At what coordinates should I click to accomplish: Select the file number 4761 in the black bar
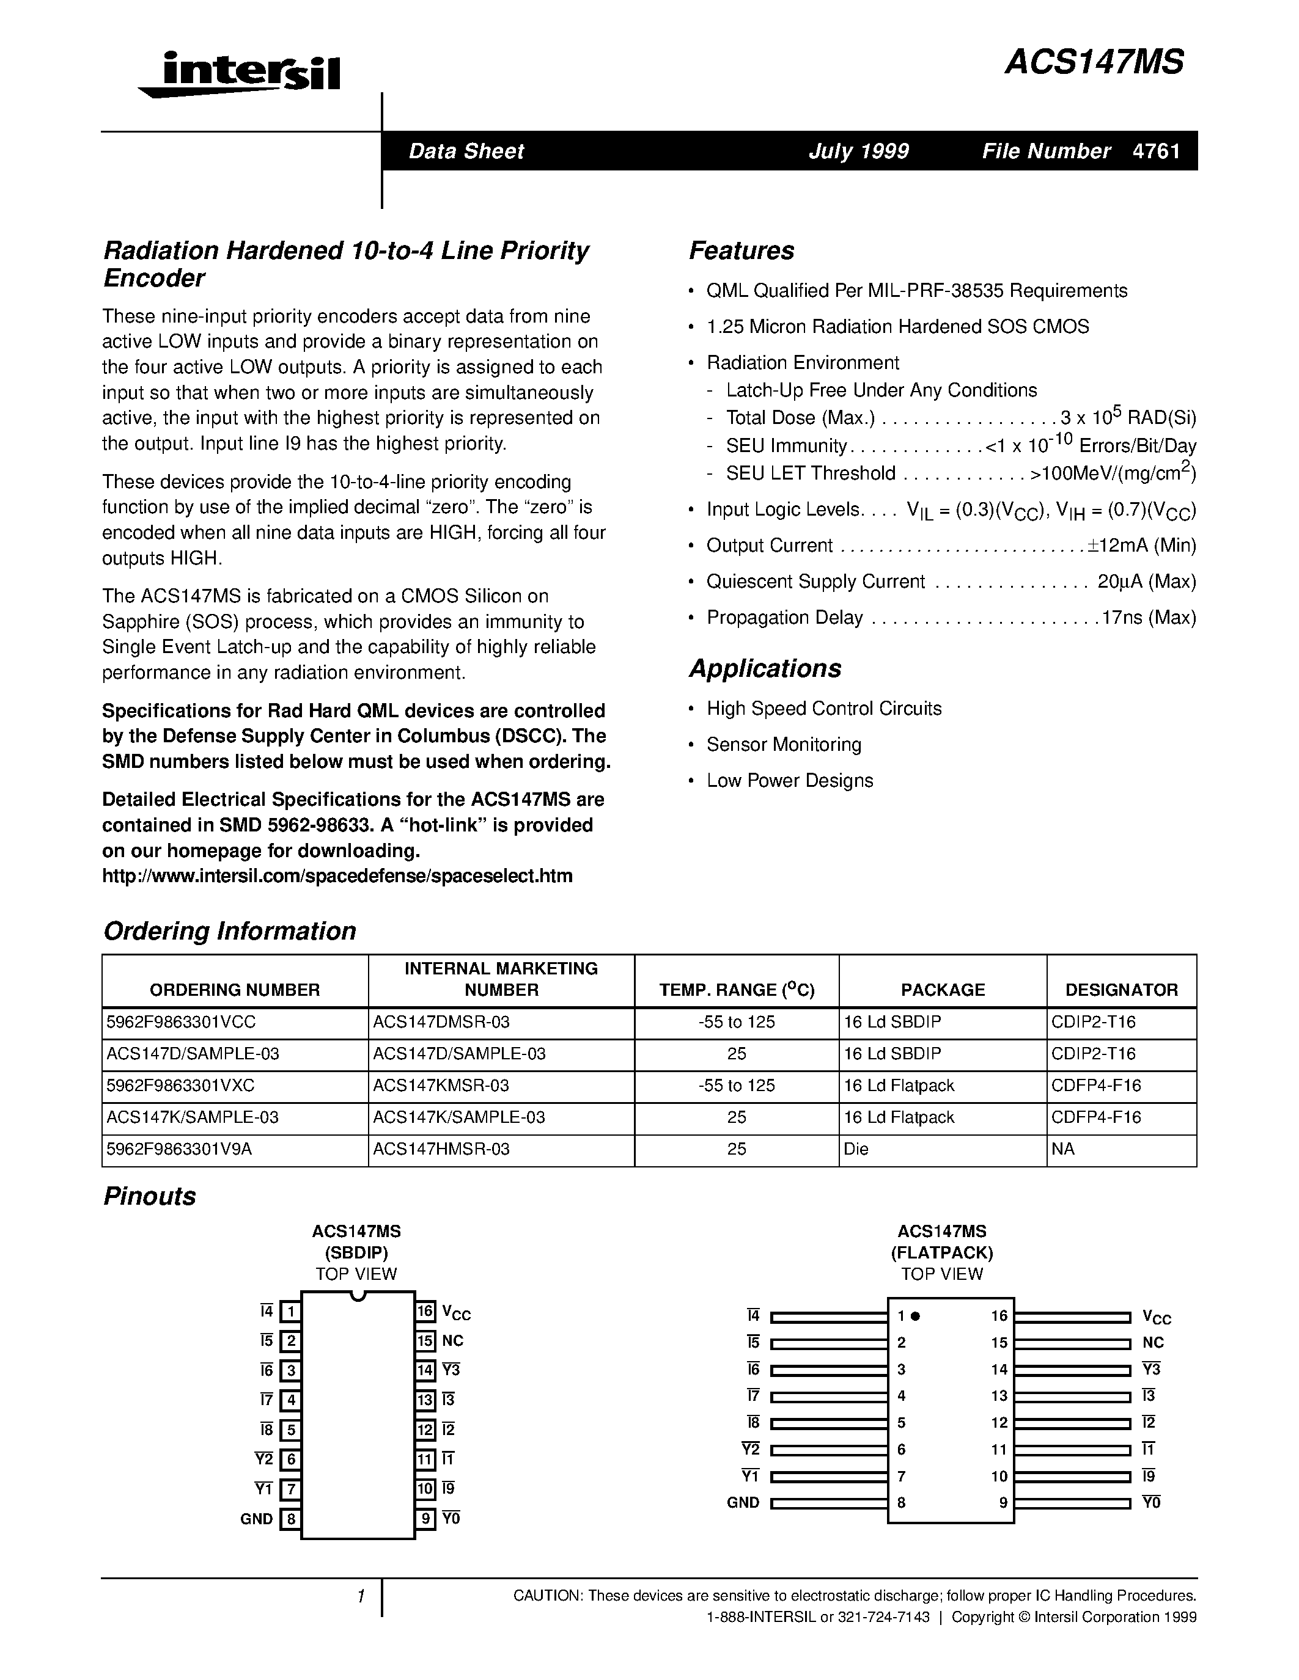click(1157, 151)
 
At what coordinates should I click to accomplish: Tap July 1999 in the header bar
click(858, 151)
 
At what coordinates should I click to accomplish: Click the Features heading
click(741, 250)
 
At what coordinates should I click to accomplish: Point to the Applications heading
click(765, 668)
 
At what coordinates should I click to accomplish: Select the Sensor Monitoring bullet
click(784, 745)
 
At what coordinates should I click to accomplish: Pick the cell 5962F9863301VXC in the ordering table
click(181, 1086)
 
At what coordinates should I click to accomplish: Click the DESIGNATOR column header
click(1121, 990)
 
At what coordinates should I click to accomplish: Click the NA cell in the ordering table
click(1063, 1149)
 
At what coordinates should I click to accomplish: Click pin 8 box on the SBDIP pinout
click(290, 1519)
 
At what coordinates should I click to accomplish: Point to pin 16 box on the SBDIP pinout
click(425, 1312)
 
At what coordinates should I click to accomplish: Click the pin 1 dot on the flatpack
click(916, 1316)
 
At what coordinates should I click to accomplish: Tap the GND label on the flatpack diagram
click(743, 1503)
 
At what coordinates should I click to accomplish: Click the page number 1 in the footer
click(360, 1597)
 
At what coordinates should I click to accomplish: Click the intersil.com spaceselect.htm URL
click(337, 876)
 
